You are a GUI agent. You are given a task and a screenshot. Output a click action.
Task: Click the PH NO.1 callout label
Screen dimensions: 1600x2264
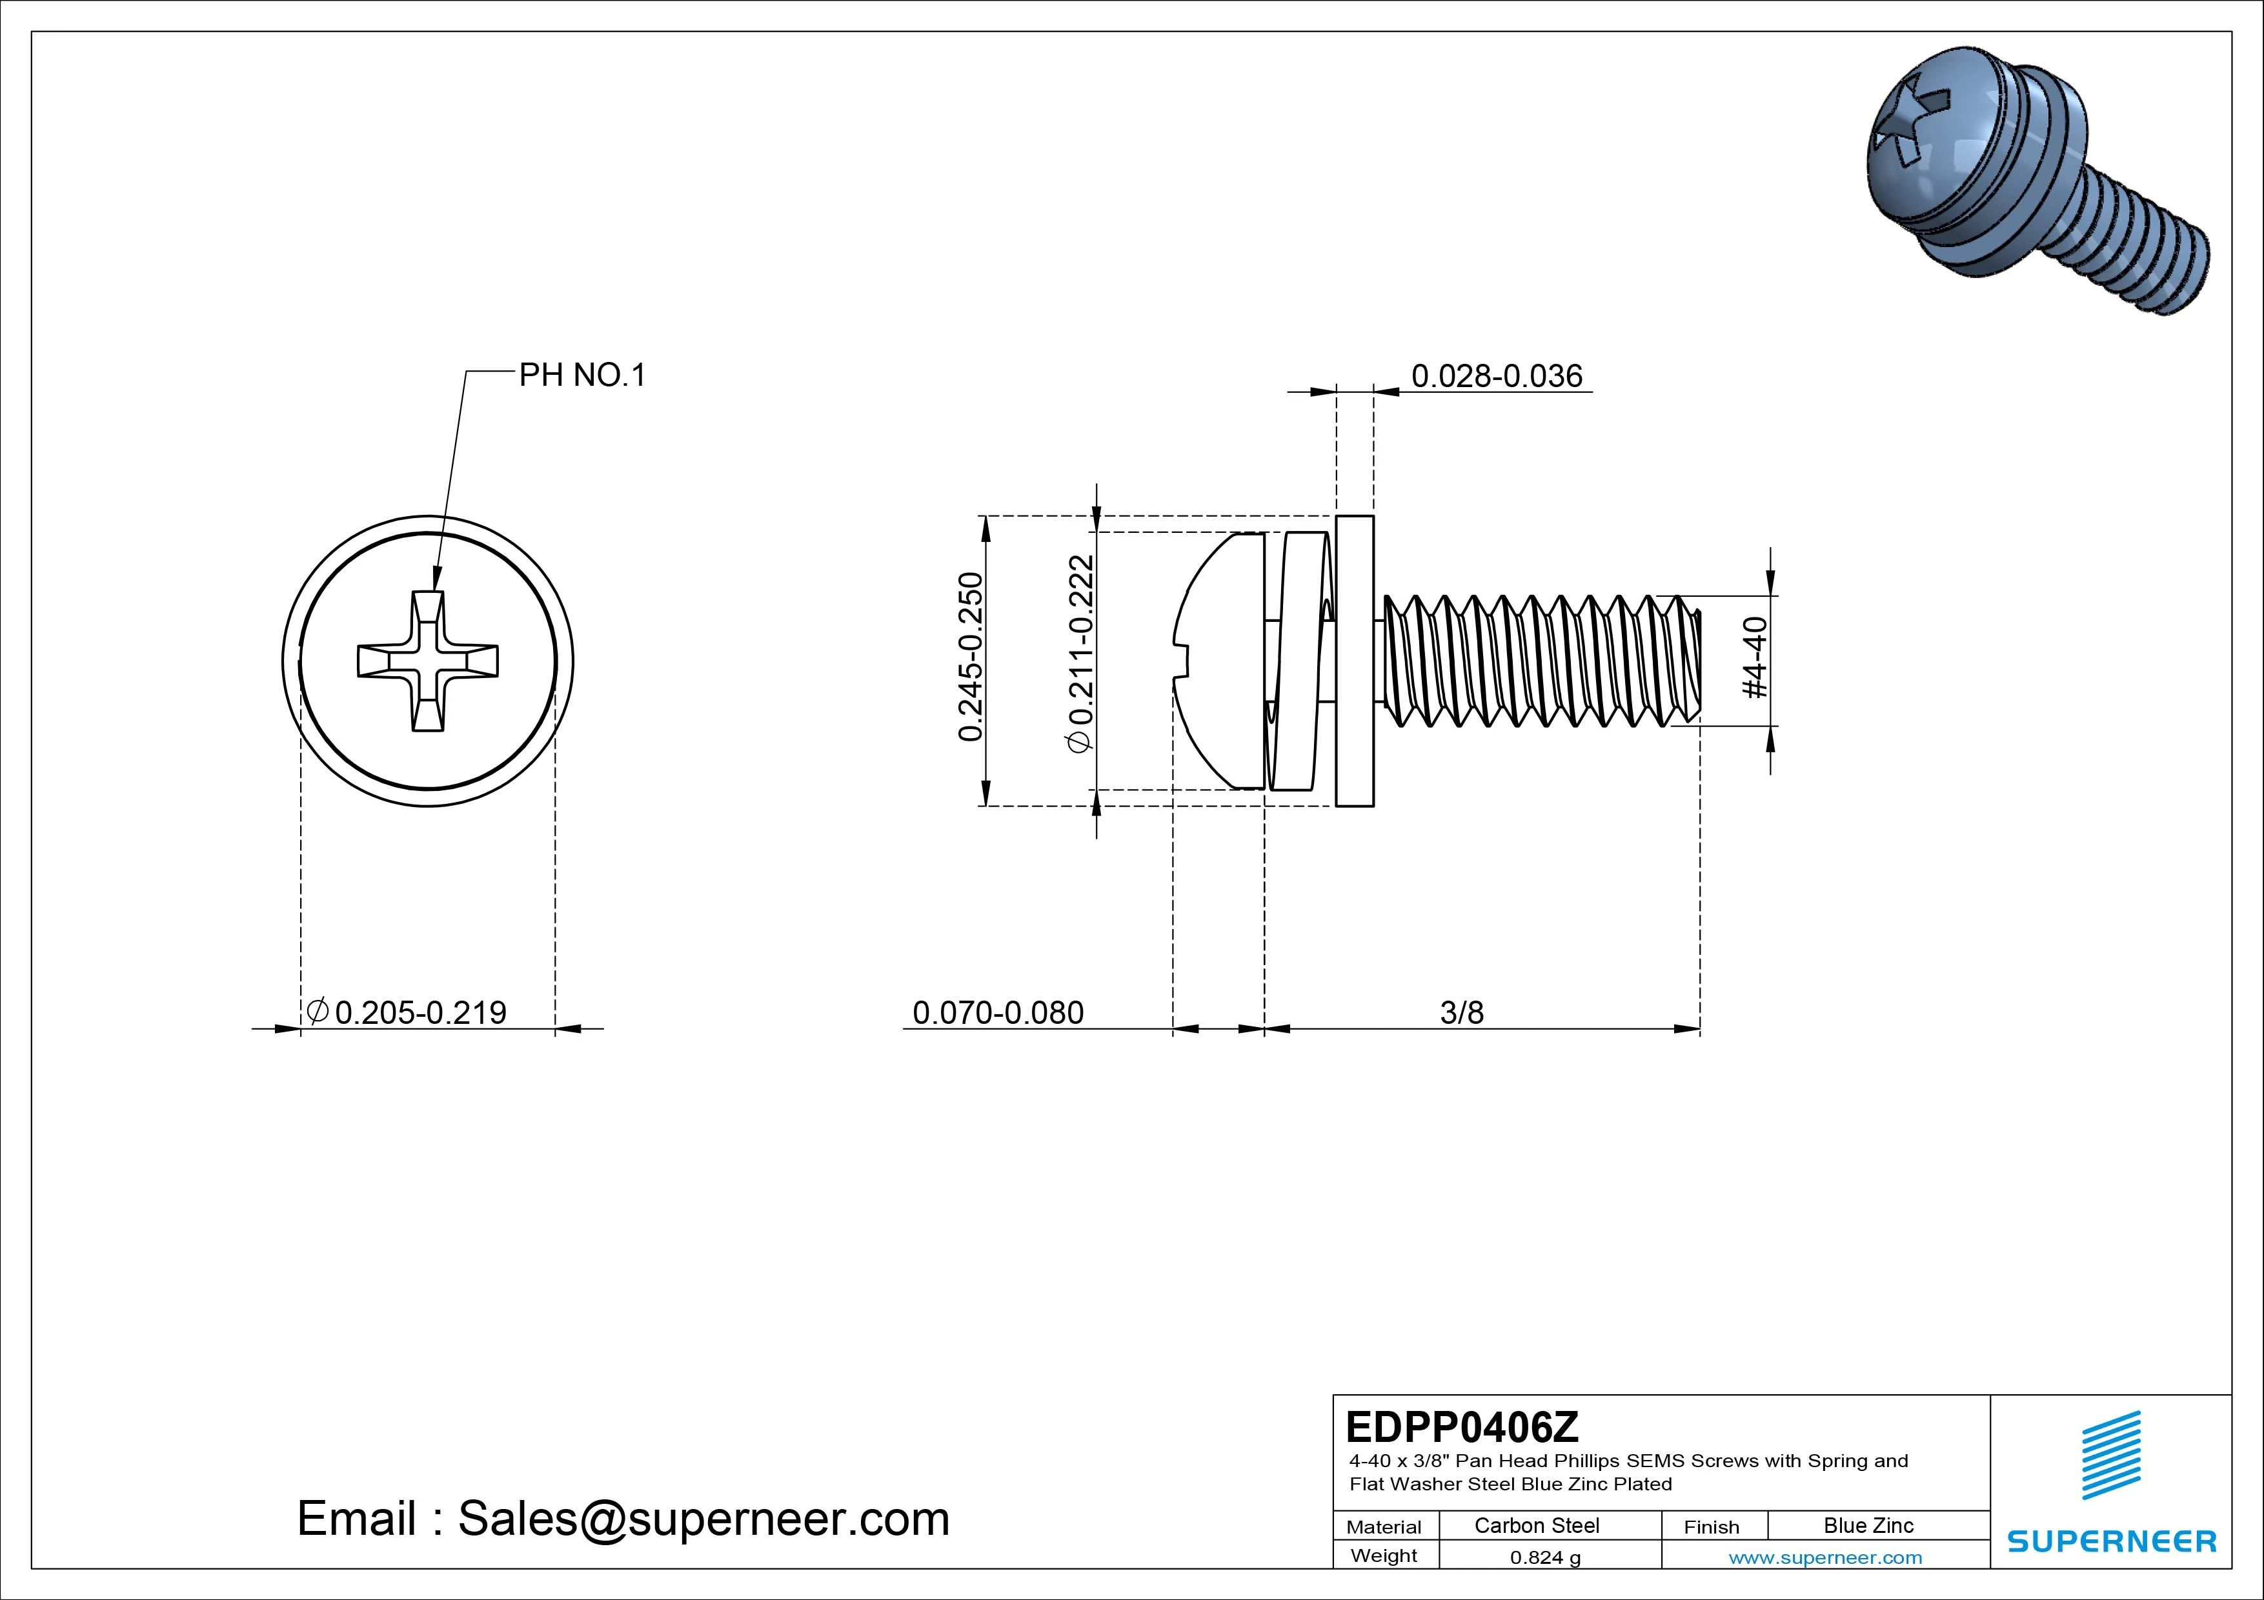coord(581,375)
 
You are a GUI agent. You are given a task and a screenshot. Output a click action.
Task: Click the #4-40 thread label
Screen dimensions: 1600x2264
coord(1756,657)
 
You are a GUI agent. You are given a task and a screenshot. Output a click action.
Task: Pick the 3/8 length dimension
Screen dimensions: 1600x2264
coord(1461,1012)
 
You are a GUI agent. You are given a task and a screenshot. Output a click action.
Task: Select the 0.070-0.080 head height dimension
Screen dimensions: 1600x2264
coord(998,1012)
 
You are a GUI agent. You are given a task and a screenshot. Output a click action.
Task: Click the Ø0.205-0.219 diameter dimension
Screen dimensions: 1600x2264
coord(407,1012)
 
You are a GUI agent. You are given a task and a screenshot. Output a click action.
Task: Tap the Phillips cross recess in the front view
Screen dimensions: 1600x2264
coord(428,661)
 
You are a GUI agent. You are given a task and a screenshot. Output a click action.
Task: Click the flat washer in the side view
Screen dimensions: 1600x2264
coord(1354,661)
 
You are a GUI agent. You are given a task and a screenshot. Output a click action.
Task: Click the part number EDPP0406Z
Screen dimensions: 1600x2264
coord(1461,1426)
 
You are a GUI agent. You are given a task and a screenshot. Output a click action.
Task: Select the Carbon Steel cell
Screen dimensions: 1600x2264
coord(1536,1526)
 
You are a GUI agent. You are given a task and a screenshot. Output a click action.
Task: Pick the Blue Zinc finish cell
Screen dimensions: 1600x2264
coord(1868,1526)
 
